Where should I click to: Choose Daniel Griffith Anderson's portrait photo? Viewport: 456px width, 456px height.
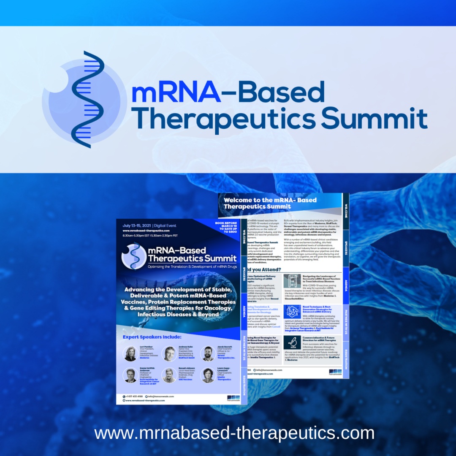pos(130,375)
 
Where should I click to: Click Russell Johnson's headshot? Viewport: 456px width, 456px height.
pos(169,375)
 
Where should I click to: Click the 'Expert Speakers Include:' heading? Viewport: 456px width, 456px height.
pos(152,337)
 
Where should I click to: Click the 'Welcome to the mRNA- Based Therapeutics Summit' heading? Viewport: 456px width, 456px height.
pos(270,203)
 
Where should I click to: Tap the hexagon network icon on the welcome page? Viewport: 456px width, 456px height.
pos(292,312)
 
